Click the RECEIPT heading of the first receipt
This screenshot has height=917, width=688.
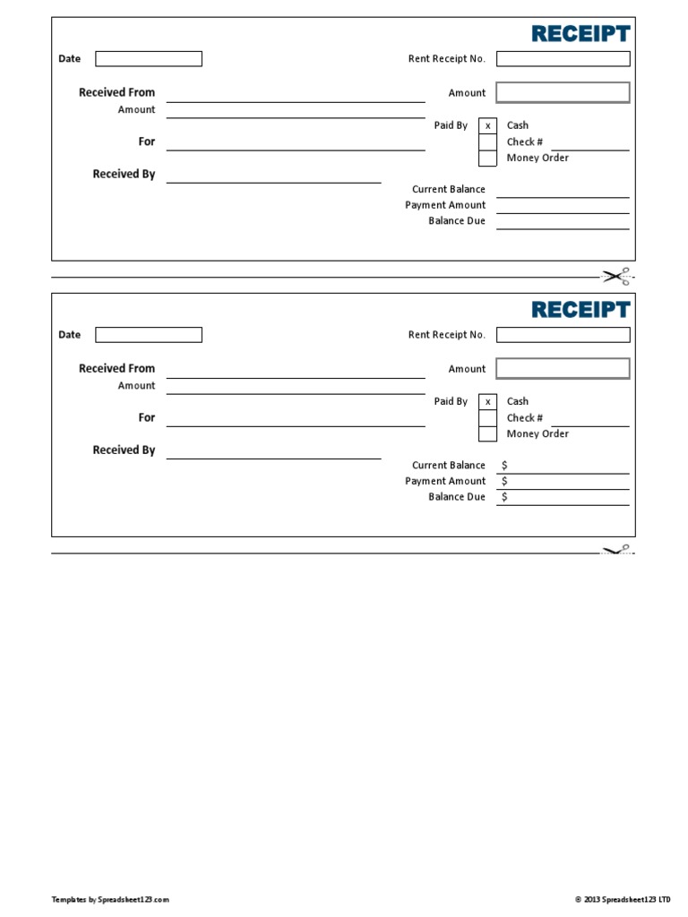click(580, 34)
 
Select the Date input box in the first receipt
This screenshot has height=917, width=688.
click(149, 59)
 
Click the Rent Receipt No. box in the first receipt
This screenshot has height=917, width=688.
click(563, 59)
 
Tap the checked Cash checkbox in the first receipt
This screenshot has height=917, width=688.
click(487, 126)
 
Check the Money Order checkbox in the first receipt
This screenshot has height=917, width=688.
click(487, 159)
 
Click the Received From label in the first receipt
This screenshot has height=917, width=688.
click(116, 92)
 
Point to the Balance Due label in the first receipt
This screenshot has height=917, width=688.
click(456, 221)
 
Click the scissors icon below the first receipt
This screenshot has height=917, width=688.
click(617, 276)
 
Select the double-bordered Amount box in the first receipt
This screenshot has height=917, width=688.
click(563, 93)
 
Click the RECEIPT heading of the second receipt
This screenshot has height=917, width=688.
click(580, 310)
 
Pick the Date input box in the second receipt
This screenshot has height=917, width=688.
click(149, 335)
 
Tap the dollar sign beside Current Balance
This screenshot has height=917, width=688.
click(504, 466)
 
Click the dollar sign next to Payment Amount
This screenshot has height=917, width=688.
click(504, 482)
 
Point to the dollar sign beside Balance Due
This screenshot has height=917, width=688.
click(504, 497)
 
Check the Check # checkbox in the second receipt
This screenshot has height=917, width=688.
click(487, 418)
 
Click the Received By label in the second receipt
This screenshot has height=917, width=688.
click(124, 450)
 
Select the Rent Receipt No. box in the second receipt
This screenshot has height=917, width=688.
click(563, 335)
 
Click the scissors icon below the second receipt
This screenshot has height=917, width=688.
click(617, 551)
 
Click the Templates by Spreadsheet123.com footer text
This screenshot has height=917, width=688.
click(110, 899)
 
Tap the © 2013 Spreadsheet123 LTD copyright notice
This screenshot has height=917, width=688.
click(622, 899)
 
